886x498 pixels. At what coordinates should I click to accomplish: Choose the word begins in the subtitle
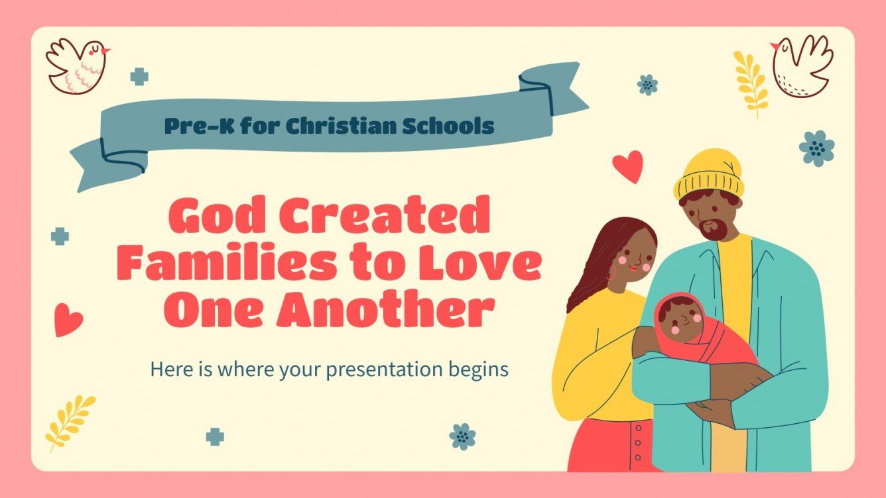[479, 370]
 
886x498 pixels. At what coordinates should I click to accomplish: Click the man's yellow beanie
[708, 174]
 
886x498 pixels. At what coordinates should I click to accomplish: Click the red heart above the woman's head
[627, 166]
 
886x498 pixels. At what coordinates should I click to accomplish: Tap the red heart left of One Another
[68, 320]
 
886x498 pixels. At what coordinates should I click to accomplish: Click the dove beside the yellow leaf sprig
[802, 65]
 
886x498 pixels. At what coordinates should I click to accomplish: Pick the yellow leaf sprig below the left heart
[70, 420]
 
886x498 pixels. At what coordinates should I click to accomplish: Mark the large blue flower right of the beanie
[816, 148]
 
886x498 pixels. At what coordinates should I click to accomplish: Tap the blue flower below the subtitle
[462, 436]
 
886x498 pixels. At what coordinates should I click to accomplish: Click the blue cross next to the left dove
[139, 77]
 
